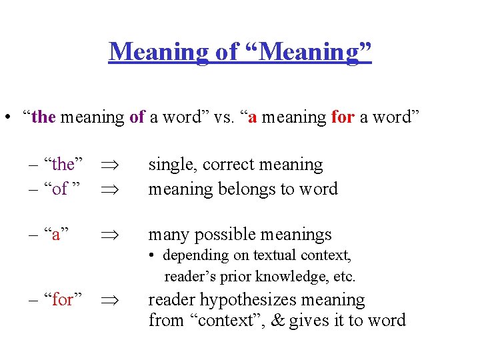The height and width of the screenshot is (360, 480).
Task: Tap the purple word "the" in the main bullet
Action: [x=43, y=117]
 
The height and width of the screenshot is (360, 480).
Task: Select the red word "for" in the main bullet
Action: [x=343, y=117]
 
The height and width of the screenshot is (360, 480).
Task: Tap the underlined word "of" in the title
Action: [x=224, y=51]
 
